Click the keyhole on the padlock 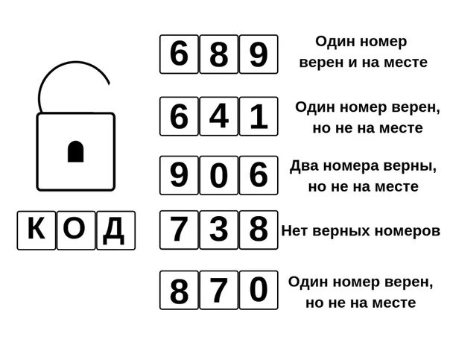(x=76, y=151)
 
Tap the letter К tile (x=36, y=230)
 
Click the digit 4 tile (x=218, y=116)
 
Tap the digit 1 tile (x=258, y=116)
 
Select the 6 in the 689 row (x=179, y=54)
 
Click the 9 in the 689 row (x=258, y=54)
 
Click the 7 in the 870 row (x=218, y=290)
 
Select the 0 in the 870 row (x=258, y=290)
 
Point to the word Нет (x=295, y=231)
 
